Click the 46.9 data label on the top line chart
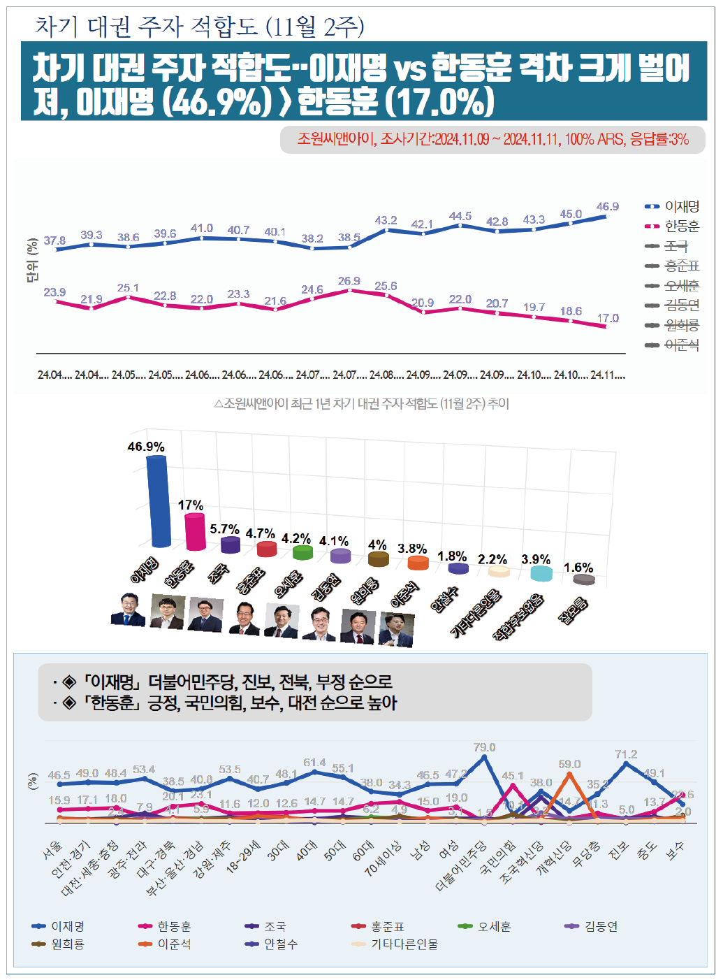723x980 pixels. pos(607,207)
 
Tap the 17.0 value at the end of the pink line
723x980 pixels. pos(607,319)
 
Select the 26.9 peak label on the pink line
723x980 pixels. pos(349,281)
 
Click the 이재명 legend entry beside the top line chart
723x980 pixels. pos(681,207)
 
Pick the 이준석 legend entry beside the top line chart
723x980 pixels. pos(681,345)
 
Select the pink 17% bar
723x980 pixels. pos(196,531)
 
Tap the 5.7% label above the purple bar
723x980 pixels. pos(224,529)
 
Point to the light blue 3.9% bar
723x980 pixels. pos(541,573)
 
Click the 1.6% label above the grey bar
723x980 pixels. pos(578,568)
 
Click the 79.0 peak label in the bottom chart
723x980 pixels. pos(484,748)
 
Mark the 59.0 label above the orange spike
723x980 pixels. pos(569,764)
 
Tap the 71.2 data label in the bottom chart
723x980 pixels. pos(626,754)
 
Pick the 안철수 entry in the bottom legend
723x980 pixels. pos(280,944)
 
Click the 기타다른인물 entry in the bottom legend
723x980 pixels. pos(404,944)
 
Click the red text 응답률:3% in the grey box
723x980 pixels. pos(659,139)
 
